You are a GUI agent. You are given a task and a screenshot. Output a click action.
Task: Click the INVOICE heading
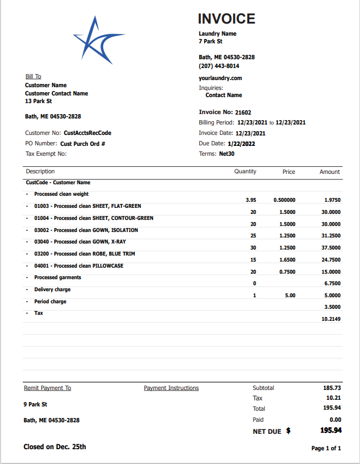(x=226, y=19)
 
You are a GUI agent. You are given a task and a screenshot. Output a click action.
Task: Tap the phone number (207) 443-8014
(x=218, y=66)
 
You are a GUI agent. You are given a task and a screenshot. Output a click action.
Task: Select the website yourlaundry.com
(x=220, y=78)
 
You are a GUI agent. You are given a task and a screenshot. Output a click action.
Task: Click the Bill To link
(x=33, y=77)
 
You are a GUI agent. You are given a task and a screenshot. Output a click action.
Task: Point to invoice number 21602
(x=243, y=112)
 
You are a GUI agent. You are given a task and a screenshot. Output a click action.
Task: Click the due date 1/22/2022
(x=243, y=144)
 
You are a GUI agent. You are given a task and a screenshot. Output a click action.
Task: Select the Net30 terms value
(x=227, y=154)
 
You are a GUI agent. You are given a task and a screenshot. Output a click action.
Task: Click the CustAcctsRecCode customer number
(x=87, y=133)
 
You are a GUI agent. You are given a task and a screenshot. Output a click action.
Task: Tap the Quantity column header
(x=245, y=172)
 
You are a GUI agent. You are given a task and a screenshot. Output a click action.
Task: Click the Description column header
(x=40, y=172)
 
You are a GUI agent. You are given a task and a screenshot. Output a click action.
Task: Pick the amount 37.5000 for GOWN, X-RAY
(x=331, y=247)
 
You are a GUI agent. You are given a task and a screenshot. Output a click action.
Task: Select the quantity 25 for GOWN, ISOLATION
(x=253, y=236)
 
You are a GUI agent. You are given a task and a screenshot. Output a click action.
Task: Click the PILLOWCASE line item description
(x=78, y=266)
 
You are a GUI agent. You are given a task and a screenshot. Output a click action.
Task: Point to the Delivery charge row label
(x=52, y=290)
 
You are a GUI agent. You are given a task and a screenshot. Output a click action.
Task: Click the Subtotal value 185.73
(x=333, y=388)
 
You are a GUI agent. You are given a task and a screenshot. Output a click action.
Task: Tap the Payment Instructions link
(x=171, y=388)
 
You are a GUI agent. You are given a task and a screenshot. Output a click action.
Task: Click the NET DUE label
(x=267, y=432)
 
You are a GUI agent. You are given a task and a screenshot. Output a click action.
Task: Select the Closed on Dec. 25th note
(x=55, y=447)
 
